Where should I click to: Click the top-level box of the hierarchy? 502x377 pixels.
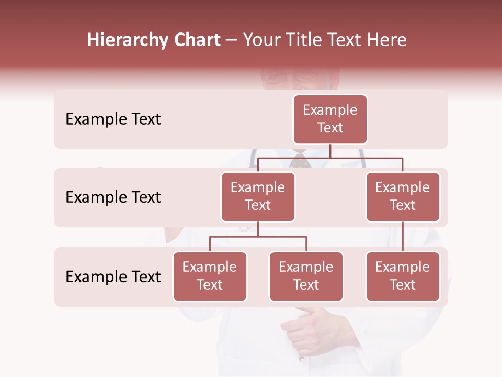330,119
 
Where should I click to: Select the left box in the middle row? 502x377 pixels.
258,196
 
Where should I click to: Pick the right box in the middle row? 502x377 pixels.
403,196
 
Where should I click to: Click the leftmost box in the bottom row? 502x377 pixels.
210,276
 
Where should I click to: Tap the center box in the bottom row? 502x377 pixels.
306,276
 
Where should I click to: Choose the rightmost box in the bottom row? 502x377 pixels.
403,276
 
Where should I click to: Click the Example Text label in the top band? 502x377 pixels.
113,119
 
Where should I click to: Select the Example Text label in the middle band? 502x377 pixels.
113,197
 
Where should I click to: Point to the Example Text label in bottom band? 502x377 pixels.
113,277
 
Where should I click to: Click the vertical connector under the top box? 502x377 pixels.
330,151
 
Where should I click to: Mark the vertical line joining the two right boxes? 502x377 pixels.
403,237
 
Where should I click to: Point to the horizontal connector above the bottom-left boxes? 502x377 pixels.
258,237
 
